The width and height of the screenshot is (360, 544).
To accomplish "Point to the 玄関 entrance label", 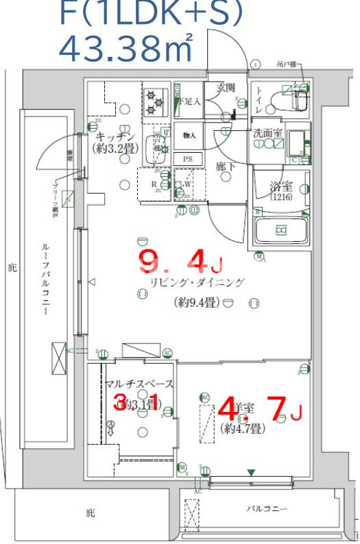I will coord(226,88).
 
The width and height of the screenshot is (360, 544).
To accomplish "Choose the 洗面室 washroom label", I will coord(267,134).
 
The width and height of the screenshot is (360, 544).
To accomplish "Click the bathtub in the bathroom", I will coord(281,230).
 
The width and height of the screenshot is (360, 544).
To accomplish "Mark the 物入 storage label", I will coord(189,136).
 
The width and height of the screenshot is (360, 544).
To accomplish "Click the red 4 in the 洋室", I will coord(226,410).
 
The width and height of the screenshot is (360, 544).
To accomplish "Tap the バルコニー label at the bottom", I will coord(267,509).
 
